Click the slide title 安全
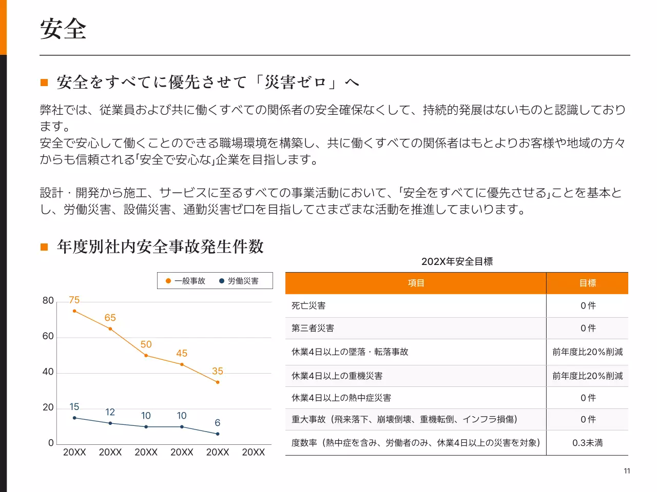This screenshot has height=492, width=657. coord(63,29)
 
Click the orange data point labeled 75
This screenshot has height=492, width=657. coord(74,311)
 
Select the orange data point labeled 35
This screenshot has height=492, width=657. coord(218,382)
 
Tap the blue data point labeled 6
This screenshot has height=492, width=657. coord(218,434)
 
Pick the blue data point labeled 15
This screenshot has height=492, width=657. coord(74,418)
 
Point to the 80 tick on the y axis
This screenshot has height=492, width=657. coord(48,300)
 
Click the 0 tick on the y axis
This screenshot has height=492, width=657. coord(51,443)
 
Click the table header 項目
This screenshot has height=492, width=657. coord(416,283)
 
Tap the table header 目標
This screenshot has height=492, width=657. coord(587,283)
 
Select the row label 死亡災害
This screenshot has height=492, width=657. coord(308,305)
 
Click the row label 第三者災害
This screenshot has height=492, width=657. coord(313,328)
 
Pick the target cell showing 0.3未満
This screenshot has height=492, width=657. coord(587,443)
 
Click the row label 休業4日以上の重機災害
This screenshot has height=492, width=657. coord(337,376)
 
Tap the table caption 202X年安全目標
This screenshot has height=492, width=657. coord(457,261)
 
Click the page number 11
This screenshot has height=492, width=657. coord(627,471)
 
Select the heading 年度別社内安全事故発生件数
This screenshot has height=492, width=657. coord(160,247)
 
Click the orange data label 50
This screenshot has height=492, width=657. coord(146,344)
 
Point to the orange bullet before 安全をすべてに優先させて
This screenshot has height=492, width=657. coord(44,83)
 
